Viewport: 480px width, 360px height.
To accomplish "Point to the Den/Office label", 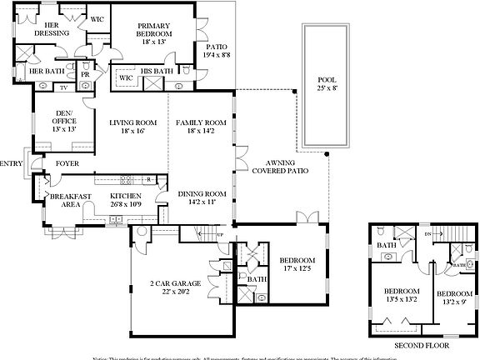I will coord(63,122).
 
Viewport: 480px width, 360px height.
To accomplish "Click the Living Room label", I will coord(132,127).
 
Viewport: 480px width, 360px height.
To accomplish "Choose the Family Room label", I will coord(201,127).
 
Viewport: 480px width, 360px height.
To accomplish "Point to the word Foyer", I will coord(67,163).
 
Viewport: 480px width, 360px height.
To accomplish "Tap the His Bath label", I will coord(157,72).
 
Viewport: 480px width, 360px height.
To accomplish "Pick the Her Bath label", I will coord(46,72).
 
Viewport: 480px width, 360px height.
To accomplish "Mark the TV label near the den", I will coord(62,86).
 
